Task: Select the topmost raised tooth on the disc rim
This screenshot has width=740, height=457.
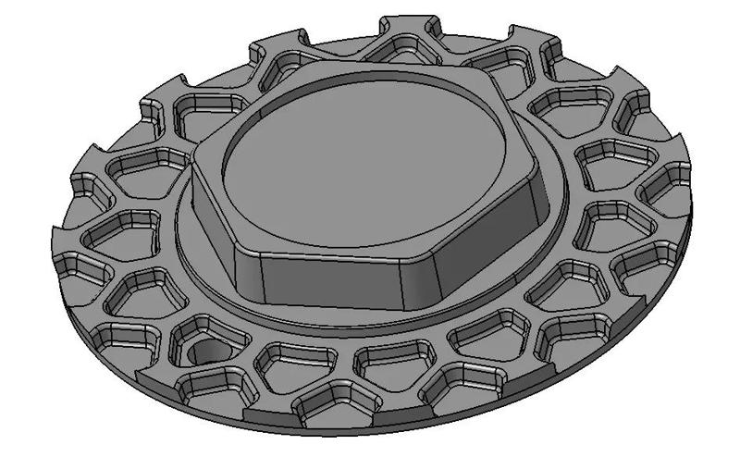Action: point(408,26)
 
